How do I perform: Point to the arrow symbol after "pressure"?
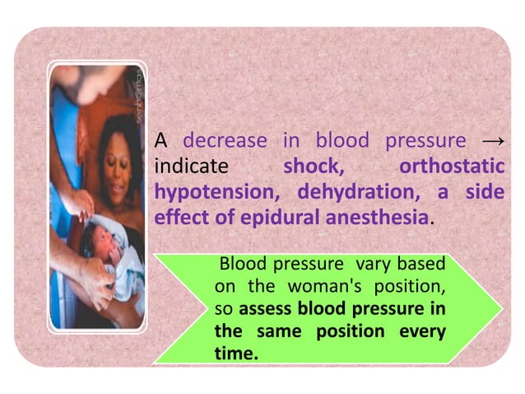pos(491,141)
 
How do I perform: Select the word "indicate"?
pos(191,167)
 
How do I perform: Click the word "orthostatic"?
pos(451,167)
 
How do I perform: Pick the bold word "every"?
pos(422,332)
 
